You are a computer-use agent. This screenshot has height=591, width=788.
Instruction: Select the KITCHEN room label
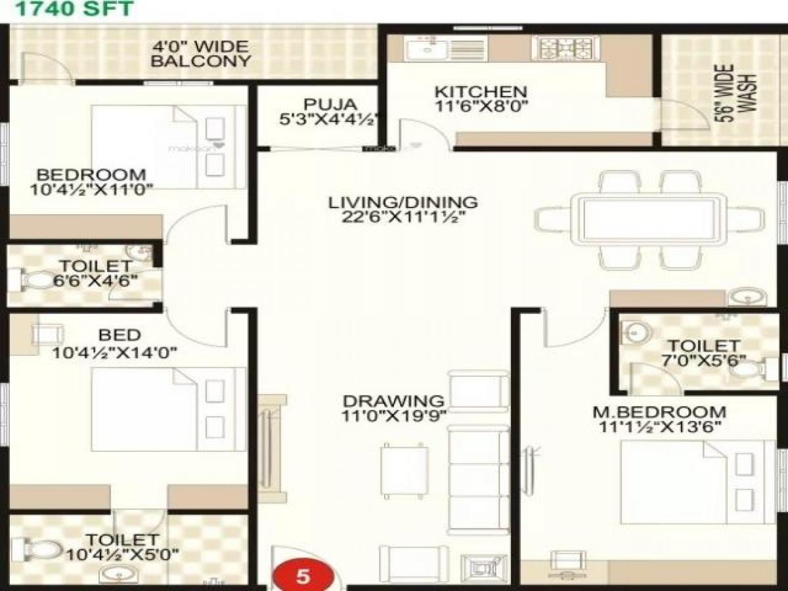pyautogui.click(x=481, y=91)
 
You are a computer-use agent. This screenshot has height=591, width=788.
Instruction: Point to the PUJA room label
pyautogui.click(x=322, y=104)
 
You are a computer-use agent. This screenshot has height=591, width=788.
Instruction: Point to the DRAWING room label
pyautogui.click(x=393, y=400)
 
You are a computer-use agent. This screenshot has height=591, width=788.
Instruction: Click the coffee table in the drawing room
pyautogui.click(x=405, y=468)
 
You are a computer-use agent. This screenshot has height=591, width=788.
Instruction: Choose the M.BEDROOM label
pyautogui.click(x=659, y=412)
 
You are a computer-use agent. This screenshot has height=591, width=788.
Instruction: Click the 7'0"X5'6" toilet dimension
pyautogui.click(x=703, y=359)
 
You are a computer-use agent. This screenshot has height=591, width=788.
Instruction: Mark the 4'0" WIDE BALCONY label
pyautogui.click(x=200, y=54)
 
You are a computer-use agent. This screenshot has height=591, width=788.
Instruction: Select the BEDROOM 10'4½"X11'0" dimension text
pyautogui.click(x=91, y=190)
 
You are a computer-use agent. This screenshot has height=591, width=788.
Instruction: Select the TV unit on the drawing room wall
pyautogui.click(x=271, y=447)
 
